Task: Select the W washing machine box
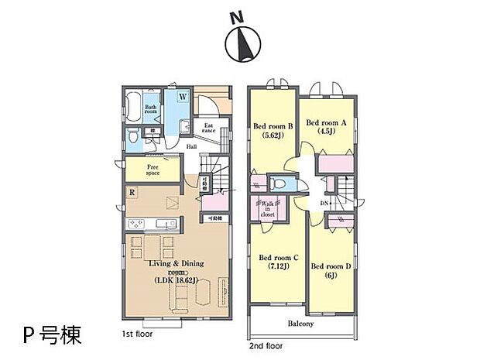pyautogui.click(x=183, y=97)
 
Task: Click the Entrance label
pyautogui.click(x=209, y=128)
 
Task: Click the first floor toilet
pyautogui.click(x=133, y=136)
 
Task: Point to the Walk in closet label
pyautogui.click(x=264, y=210)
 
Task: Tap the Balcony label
pyautogui.click(x=301, y=324)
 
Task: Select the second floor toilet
pyautogui.click(x=279, y=183)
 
